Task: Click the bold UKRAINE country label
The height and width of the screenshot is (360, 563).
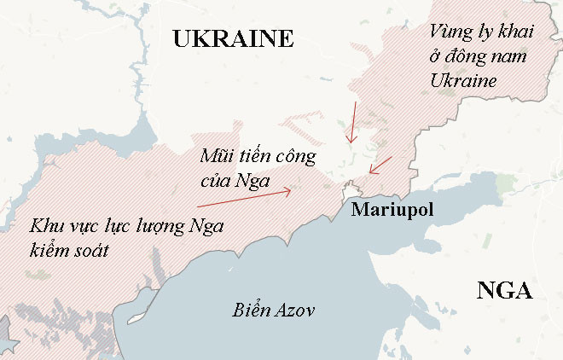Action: coord(233,38)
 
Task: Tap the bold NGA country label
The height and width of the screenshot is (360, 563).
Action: coord(504,291)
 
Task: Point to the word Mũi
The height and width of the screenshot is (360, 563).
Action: coord(217,158)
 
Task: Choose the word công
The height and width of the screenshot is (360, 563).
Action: coord(296,158)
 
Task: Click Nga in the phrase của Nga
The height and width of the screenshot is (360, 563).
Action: coord(253,181)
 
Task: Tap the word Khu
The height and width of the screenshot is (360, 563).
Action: coord(46,227)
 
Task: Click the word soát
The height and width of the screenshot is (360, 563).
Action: coord(96,251)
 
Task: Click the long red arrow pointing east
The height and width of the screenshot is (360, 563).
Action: coord(244,199)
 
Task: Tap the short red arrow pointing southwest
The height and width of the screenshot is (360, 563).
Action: coord(380,164)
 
